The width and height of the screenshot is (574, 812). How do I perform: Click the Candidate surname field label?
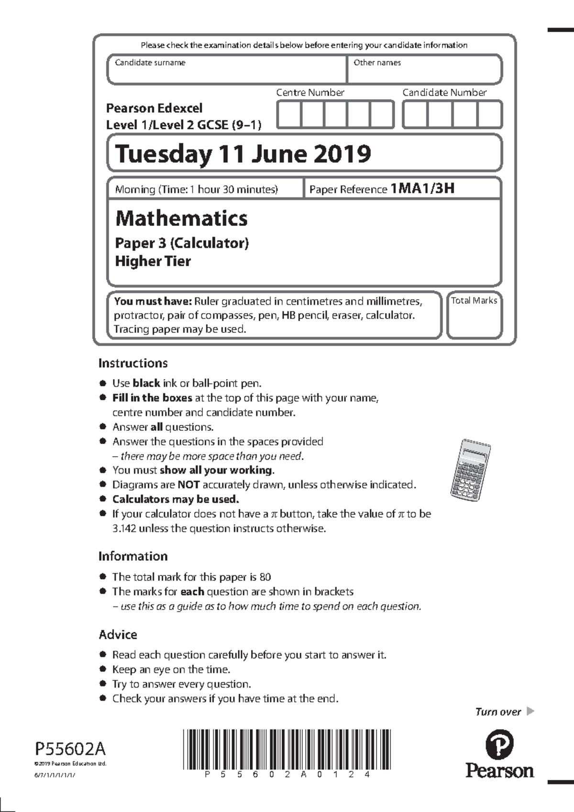pyautogui.click(x=150, y=63)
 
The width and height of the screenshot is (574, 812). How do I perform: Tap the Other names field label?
pyautogui.click(x=377, y=63)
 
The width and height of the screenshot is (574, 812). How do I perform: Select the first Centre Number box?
pyautogui.click(x=289, y=114)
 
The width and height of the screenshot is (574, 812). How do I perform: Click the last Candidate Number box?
pyautogui.click(x=489, y=114)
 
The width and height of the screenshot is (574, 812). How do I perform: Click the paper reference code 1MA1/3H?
pyautogui.click(x=422, y=188)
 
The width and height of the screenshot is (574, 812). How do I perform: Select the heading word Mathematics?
pyautogui.click(x=181, y=218)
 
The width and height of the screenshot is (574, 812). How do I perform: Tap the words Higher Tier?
pyautogui.click(x=153, y=261)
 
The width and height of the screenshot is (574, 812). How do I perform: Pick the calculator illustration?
pyautogui.click(x=471, y=467)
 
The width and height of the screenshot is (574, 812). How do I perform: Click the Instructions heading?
pyautogui.click(x=133, y=363)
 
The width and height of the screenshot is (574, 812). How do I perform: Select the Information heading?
pyautogui.click(x=133, y=556)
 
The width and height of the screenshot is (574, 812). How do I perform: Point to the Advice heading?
pyautogui.click(x=118, y=635)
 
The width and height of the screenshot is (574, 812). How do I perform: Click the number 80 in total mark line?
pyautogui.click(x=265, y=577)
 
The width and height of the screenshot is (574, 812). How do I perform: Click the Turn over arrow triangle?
pyautogui.click(x=530, y=711)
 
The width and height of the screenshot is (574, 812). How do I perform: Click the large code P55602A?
pyautogui.click(x=70, y=748)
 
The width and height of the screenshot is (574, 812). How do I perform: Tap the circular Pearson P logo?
pyautogui.click(x=499, y=744)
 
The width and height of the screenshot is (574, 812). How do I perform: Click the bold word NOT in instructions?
pyautogui.click(x=188, y=485)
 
